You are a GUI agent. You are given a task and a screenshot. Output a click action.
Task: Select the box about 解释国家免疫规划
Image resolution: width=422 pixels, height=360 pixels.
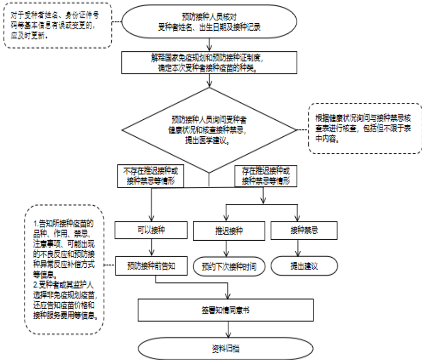click(x=210, y=62)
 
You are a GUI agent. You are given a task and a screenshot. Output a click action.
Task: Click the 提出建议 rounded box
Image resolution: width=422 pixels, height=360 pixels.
click(x=297, y=266)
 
